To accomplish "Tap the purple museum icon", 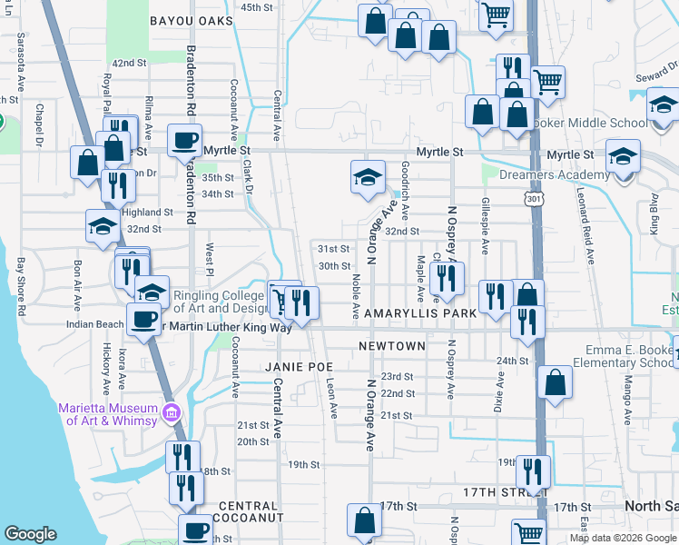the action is click(x=170, y=414).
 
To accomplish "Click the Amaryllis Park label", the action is click(x=420, y=313).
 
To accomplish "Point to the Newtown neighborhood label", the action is click(x=391, y=346).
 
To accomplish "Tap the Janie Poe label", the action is click(x=294, y=366).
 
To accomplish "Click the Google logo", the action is click(x=30, y=534).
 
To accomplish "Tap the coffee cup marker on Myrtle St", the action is click(x=185, y=141).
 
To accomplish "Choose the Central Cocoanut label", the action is click(x=247, y=511).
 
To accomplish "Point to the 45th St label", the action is click(x=256, y=7).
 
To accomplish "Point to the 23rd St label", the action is click(x=397, y=376).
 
